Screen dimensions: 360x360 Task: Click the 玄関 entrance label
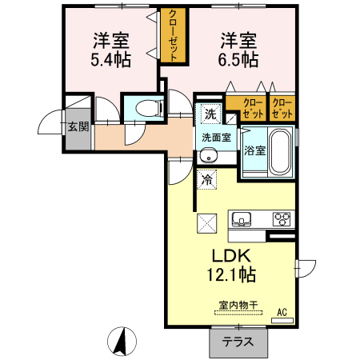point(78,126)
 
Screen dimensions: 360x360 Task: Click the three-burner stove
point(282,218)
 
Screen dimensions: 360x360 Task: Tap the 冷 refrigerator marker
point(206,180)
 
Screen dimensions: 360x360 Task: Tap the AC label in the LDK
point(282,311)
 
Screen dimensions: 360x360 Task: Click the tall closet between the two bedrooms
point(173,36)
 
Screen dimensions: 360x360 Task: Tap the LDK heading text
point(231,256)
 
